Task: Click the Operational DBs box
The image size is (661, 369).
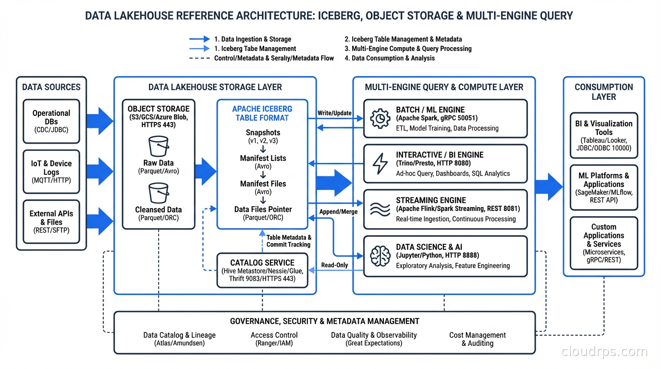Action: (x=51, y=122)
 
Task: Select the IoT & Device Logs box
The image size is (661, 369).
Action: (x=51, y=172)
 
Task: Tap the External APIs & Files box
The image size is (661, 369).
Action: (x=51, y=221)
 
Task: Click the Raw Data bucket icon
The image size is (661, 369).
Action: (x=159, y=146)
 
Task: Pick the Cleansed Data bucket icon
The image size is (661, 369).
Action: (x=159, y=193)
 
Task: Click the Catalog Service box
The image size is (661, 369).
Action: (x=262, y=271)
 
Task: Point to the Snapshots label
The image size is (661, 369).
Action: (x=263, y=133)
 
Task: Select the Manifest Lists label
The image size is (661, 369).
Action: (x=263, y=158)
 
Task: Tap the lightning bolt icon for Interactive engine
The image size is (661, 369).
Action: (x=380, y=164)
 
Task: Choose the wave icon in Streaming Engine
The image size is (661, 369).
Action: (x=380, y=209)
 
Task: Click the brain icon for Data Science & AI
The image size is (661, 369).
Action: (x=380, y=256)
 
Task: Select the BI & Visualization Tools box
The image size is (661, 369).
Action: (x=604, y=135)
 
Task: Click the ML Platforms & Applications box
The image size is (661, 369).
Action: (x=604, y=187)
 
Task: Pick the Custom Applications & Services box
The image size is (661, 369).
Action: (x=604, y=243)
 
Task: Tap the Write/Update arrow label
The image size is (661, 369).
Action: (x=334, y=113)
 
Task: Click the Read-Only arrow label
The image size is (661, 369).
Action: (x=334, y=265)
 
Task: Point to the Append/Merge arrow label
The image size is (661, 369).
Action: (x=338, y=211)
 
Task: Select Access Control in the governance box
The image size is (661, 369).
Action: (x=274, y=339)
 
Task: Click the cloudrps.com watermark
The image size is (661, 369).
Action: (x=604, y=352)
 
